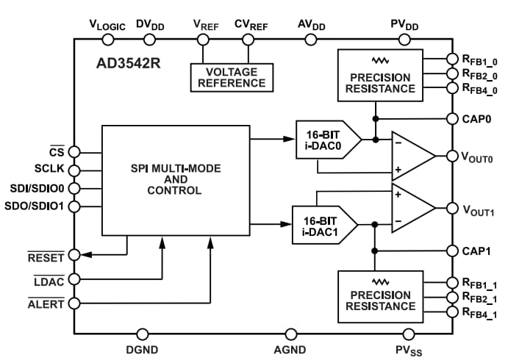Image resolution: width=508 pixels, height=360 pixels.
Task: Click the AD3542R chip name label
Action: point(129,62)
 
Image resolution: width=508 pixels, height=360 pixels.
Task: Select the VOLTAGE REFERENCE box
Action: point(232,77)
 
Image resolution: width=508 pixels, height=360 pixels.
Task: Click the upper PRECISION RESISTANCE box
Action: point(380,76)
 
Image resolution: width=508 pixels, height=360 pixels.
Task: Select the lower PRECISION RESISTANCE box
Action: point(380,297)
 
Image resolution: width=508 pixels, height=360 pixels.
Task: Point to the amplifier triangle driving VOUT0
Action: point(410,156)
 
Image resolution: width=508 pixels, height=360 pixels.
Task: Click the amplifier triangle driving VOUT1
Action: point(410,208)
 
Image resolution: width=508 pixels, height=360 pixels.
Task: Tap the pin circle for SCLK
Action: point(75,170)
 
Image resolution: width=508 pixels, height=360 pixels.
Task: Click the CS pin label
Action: point(57,152)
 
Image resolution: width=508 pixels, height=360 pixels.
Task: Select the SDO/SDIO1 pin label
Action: point(34,206)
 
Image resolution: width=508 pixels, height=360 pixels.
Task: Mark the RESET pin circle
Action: point(75,256)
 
